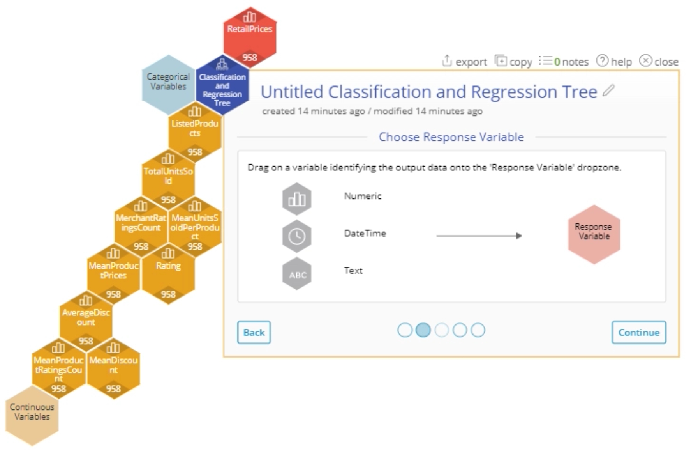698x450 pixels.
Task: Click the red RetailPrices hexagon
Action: point(250,37)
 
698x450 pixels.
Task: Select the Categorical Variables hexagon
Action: point(168,84)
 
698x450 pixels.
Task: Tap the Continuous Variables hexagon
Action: point(32,415)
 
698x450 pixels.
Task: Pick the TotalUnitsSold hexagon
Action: point(168,179)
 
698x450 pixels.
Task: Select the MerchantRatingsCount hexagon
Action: point(141,226)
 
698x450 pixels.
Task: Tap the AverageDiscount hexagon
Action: point(86,321)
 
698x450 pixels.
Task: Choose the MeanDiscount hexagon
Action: point(113,368)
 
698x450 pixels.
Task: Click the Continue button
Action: point(638,332)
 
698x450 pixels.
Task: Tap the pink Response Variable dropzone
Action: point(594,234)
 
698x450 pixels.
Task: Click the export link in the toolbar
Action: point(465,62)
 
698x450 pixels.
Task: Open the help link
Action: point(614,62)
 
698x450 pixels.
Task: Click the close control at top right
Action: point(659,62)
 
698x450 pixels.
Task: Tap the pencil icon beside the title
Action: point(608,90)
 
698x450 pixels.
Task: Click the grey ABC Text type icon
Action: point(297,274)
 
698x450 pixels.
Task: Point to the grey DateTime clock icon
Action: point(297,236)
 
